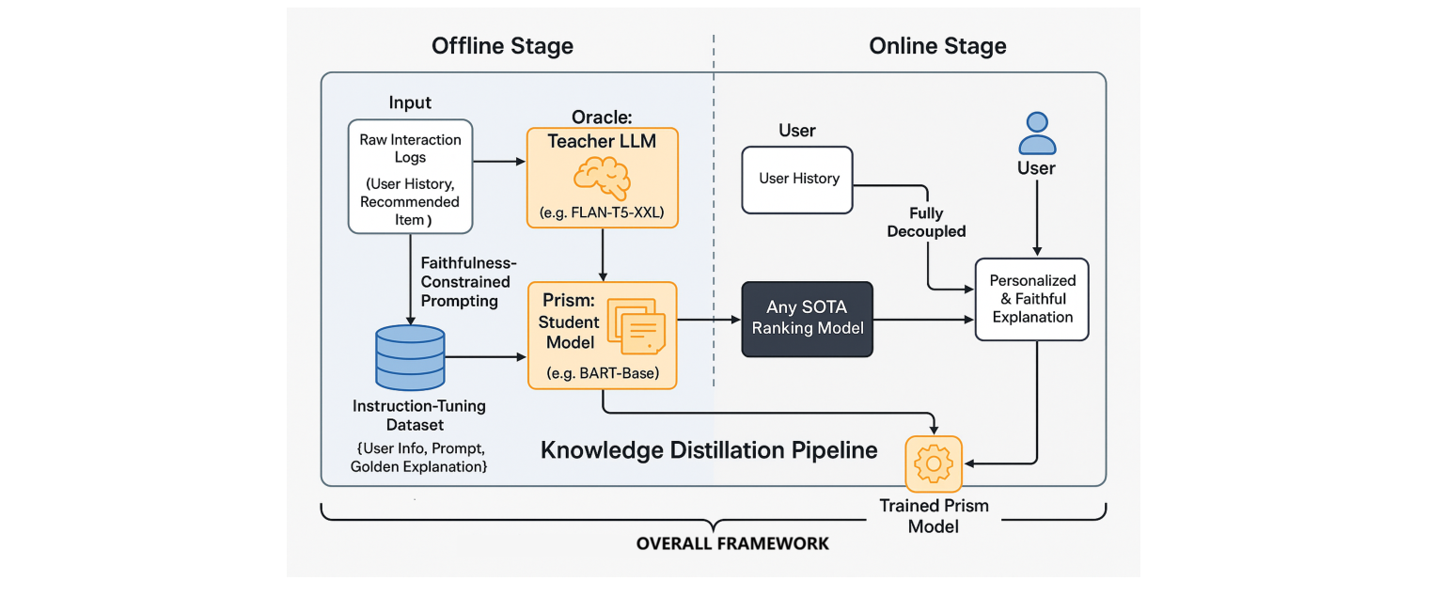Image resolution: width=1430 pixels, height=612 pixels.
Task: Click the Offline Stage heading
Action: point(502,46)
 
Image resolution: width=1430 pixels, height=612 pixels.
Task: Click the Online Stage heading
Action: point(936,46)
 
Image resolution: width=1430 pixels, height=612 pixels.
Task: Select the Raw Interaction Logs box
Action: point(410,177)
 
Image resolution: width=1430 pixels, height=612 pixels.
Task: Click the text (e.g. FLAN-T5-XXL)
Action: point(602,213)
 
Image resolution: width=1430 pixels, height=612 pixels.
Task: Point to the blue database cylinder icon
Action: point(410,358)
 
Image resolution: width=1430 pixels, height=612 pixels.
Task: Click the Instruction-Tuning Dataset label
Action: point(418,416)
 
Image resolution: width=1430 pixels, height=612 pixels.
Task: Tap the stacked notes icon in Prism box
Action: point(636,325)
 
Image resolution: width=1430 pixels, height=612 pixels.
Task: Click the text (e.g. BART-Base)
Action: point(602,373)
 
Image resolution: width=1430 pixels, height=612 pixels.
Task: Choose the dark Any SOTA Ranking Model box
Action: point(808,320)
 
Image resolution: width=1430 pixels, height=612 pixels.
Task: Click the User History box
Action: point(797,179)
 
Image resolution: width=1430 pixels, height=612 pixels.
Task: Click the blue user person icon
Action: point(1037,133)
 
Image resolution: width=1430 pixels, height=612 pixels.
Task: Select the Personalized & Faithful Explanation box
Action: point(1031,299)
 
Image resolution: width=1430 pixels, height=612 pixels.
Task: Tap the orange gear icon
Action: point(934,463)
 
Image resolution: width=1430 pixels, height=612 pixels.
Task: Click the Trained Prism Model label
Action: point(934,516)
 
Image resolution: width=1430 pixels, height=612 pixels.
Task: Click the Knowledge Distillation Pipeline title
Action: point(709,450)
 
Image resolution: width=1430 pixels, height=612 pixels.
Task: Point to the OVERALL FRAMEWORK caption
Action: point(732,543)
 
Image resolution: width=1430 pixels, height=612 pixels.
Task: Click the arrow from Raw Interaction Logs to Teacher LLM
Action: point(498,162)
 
